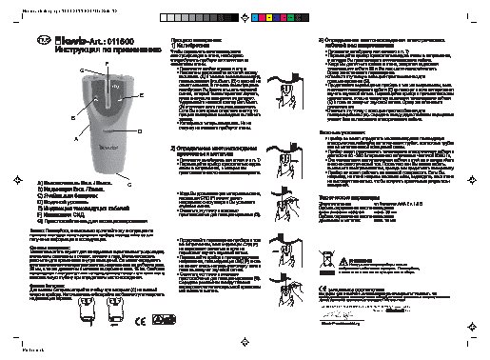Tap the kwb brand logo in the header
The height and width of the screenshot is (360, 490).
tap(63, 41)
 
